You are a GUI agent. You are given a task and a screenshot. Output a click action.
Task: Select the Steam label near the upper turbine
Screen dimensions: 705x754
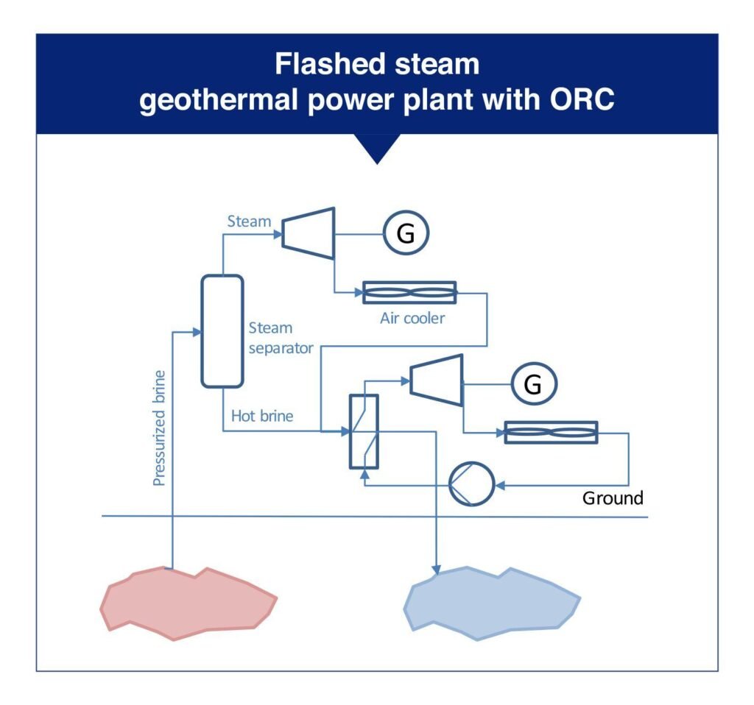click(x=248, y=222)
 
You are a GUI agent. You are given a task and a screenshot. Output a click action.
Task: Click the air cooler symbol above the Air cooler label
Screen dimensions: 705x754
click(x=410, y=293)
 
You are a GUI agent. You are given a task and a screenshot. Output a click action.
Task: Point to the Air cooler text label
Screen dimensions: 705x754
click(x=413, y=319)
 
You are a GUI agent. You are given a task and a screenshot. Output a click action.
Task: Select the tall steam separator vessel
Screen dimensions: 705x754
click(x=222, y=330)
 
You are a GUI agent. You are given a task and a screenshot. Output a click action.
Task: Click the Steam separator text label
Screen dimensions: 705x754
click(x=270, y=337)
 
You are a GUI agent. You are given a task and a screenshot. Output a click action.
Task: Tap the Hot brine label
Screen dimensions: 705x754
click(x=262, y=416)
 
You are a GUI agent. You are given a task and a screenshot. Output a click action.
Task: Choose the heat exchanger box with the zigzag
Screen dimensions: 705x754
click(x=363, y=431)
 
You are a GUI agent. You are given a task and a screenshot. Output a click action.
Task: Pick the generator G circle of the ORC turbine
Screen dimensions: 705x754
click(x=535, y=384)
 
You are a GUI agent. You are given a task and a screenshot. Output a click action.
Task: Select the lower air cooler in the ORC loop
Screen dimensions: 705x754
click(x=551, y=433)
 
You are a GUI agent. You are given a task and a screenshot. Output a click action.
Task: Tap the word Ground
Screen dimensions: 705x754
click(x=613, y=498)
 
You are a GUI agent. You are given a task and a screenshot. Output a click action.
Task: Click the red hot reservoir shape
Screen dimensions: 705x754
click(x=188, y=601)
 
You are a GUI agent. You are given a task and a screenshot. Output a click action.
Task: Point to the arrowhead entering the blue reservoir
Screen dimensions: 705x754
click(x=437, y=569)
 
